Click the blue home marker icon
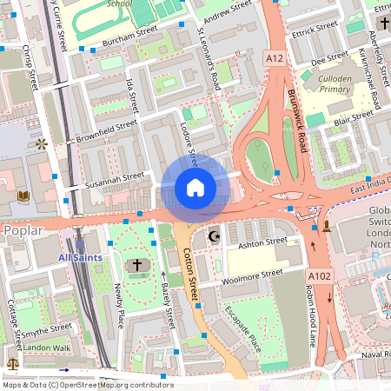pos(195,188)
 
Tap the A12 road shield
pos(275,57)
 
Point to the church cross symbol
pos(136,264)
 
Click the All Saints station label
pos(80,258)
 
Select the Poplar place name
pos(23,231)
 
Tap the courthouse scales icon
pos(12,363)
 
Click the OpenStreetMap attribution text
pos(87,384)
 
